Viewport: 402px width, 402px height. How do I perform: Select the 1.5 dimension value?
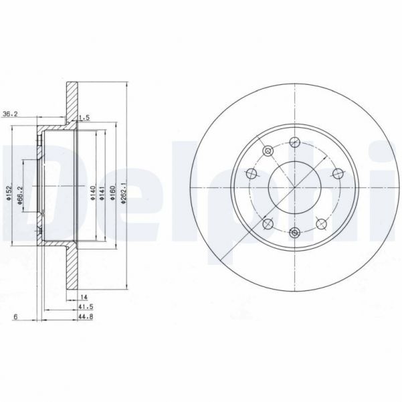tap(85, 118)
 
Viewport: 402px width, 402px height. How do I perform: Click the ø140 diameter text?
tap(92, 194)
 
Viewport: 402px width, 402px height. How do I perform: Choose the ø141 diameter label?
tap(102, 194)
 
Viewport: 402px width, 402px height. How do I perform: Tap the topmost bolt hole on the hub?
tap(294, 142)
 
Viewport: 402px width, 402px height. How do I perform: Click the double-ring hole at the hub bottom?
tap(294, 233)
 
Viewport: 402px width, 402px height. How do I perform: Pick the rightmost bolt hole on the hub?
tap(337, 174)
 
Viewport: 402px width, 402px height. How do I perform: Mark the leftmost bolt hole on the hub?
tap(252, 174)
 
